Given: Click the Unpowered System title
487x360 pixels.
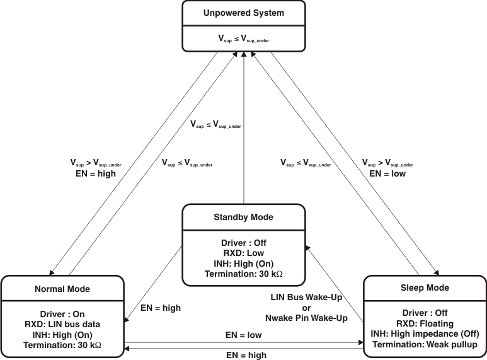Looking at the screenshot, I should click(x=243, y=13).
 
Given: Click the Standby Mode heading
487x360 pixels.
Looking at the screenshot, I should click(x=243, y=217).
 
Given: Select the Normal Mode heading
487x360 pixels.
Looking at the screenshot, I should click(x=62, y=289).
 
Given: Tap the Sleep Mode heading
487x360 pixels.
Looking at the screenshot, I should click(x=425, y=287).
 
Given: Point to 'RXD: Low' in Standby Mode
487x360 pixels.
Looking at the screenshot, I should click(x=243, y=253).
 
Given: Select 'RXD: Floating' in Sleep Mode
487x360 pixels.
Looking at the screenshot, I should click(x=425, y=323).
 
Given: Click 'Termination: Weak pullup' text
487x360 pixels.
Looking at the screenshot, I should click(x=425, y=344).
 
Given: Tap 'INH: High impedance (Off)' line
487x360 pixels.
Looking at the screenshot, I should click(x=425, y=334).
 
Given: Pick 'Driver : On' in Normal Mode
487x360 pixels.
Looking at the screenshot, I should click(x=62, y=313).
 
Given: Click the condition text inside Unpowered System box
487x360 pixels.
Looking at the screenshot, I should click(x=243, y=41).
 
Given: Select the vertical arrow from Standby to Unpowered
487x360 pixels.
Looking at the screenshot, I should click(x=244, y=126).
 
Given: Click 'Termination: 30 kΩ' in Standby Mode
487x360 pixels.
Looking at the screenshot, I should click(x=243, y=274).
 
